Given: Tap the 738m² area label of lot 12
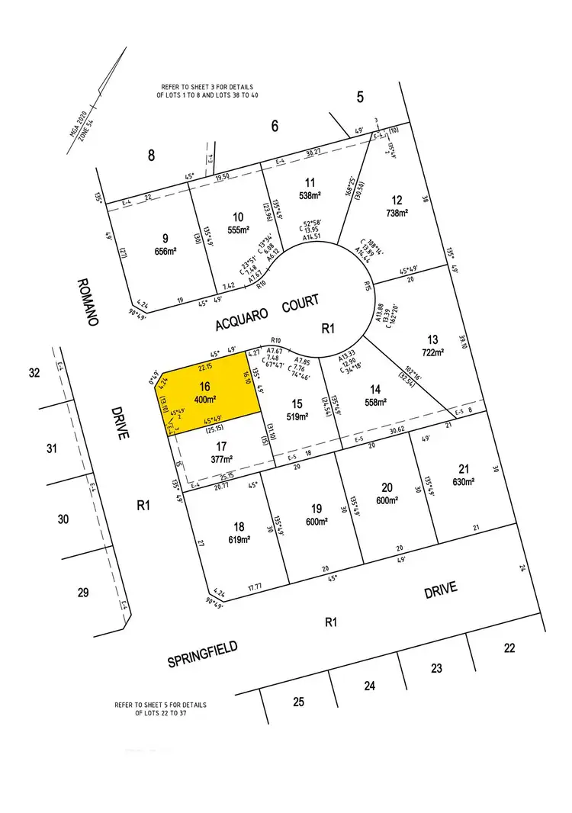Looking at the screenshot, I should tap(398, 213).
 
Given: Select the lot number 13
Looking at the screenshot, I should tap(433, 339).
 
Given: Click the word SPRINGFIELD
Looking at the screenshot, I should tap(202, 654).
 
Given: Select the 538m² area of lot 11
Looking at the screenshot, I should tap(308, 195).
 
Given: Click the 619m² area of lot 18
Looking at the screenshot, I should tap(239, 539).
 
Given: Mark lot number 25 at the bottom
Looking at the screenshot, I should tap(299, 702).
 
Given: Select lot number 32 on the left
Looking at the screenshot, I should tap(34, 373).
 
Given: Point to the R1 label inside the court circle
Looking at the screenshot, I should tap(328, 329).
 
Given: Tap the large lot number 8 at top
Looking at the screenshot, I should tap(151, 156).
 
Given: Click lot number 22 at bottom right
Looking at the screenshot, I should tap(509, 648).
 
